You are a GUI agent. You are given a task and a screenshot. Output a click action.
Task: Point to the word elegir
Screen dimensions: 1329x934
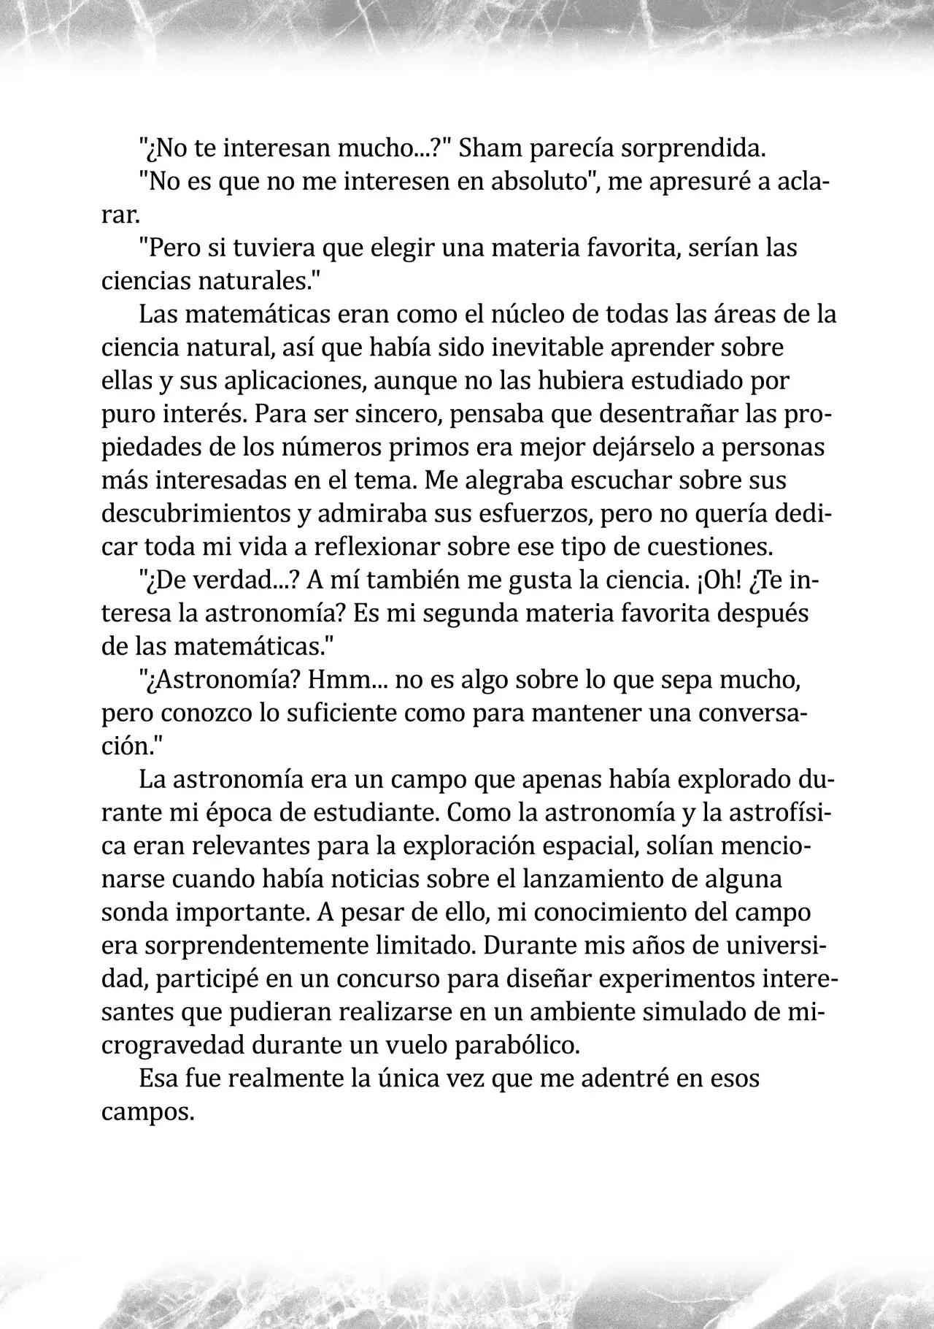[x=398, y=248]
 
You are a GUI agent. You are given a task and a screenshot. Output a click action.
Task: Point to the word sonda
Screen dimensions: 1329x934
[x=132, y=913]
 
